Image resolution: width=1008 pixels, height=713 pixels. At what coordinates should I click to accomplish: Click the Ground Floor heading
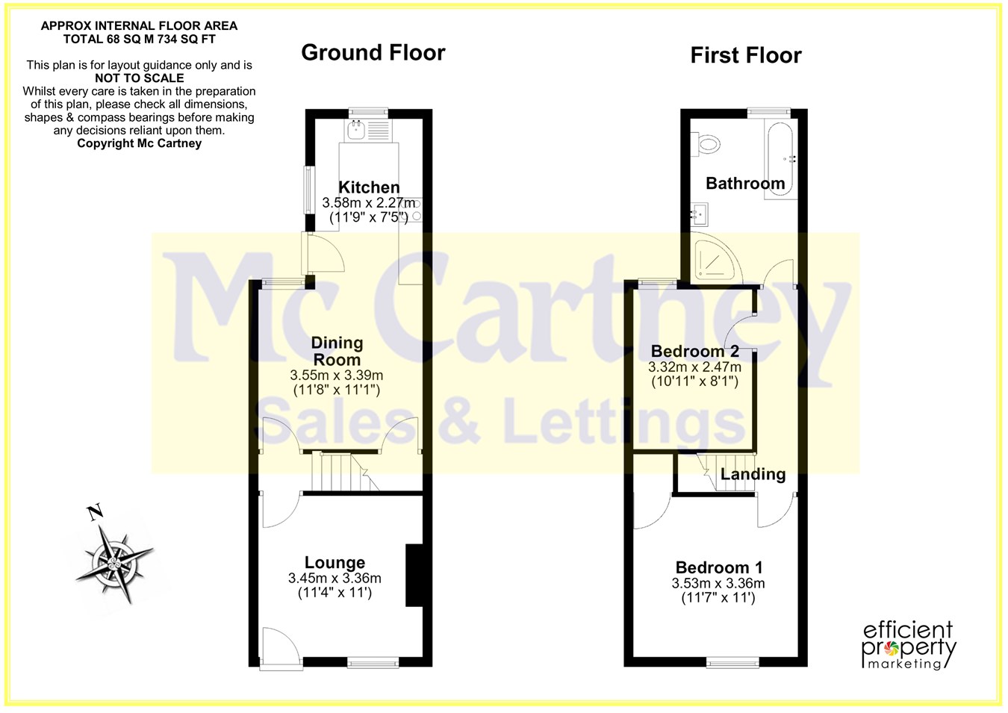[373, 52]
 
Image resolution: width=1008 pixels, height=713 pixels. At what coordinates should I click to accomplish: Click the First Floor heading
[746, 56]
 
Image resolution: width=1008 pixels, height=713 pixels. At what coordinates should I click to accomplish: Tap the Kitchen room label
[369, 187]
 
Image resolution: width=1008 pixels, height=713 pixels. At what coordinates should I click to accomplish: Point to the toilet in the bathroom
[705, 144]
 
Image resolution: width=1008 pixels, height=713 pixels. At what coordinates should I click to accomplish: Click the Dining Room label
[337, 352]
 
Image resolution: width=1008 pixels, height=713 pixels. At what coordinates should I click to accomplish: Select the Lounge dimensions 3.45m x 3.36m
[335, 578]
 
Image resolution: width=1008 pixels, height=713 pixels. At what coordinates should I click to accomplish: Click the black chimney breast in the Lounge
[414, 576]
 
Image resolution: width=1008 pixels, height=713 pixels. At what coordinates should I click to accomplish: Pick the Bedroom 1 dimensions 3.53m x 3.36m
[718, 583]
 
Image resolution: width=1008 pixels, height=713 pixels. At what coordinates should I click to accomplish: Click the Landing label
[753, 473]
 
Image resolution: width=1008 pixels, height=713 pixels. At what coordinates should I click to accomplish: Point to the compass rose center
[113, 563]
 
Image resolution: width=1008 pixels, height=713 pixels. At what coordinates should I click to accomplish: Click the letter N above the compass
[95, 512]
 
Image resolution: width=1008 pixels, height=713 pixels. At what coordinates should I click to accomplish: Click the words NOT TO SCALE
[140, 78]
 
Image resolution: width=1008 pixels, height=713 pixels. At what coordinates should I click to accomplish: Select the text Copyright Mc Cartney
[140, 143]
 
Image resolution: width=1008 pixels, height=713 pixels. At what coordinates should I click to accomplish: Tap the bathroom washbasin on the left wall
[700, 214]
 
